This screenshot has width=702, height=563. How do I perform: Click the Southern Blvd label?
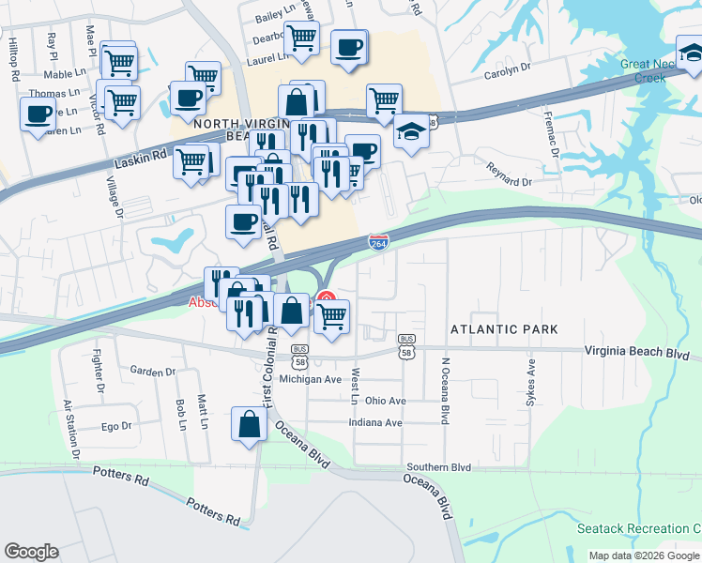pyautogui.click(x=438, y=466)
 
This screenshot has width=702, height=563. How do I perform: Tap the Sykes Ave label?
pyautogui.click(x=531, y=382)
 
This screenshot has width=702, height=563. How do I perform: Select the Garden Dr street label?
pyautogui.click(x=153, y=372)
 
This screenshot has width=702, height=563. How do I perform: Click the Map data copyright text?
pyautogui.click(x=643, y=555)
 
